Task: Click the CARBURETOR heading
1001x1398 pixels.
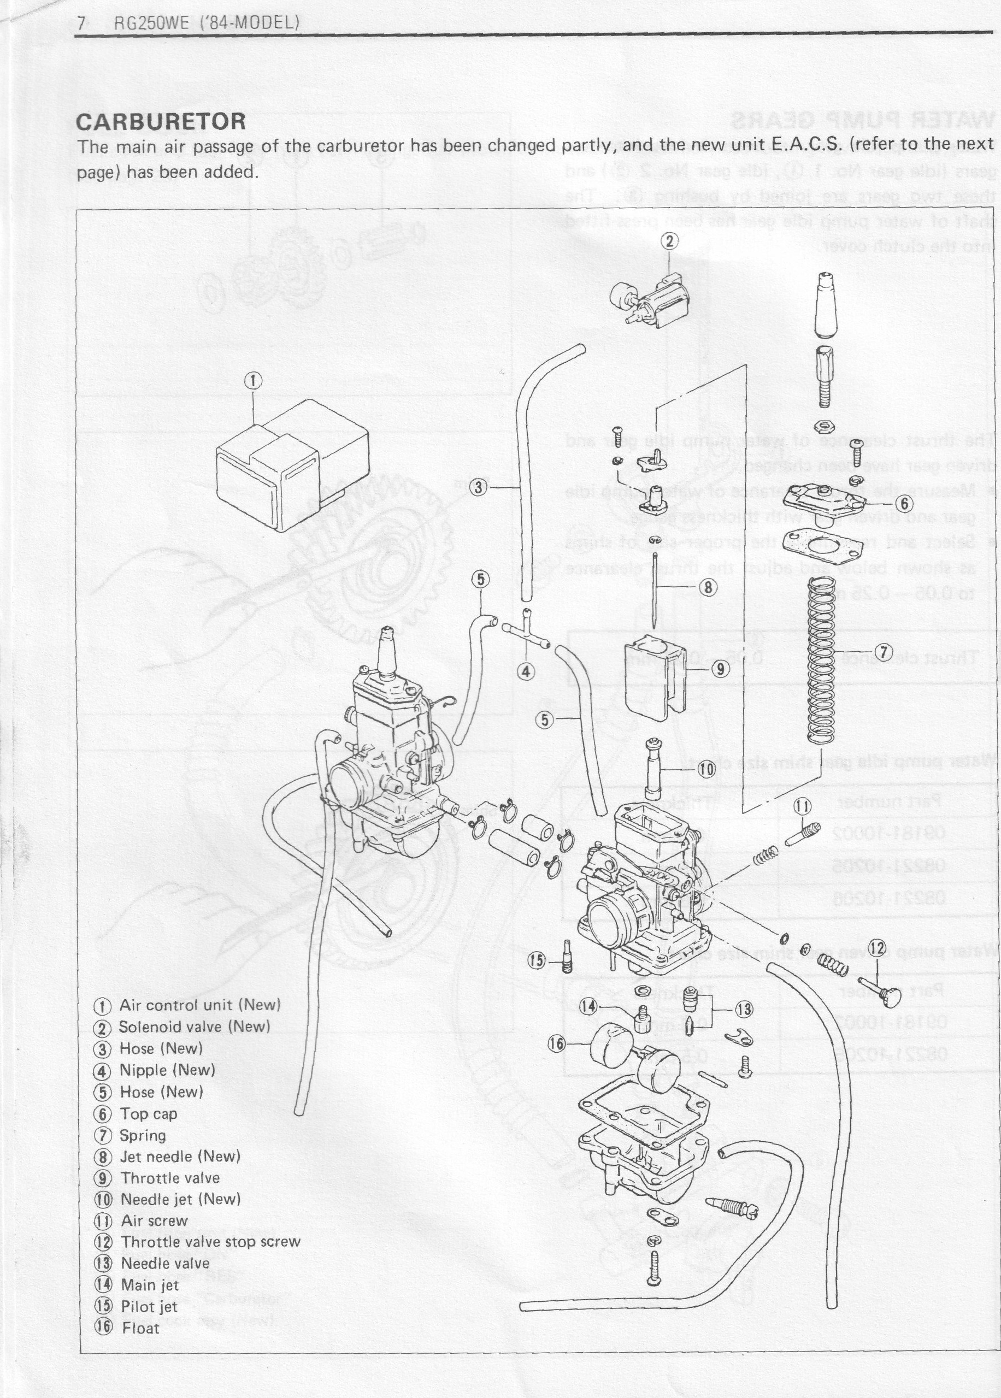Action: pyautogui.click(x=161, y=121)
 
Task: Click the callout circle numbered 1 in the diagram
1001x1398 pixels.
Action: pyautogui.click(x=254, y=381)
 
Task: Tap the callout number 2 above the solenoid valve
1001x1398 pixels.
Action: pyautogui.click(x=670, y=241)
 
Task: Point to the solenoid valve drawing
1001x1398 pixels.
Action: pyautogui.click(x=650, y=303)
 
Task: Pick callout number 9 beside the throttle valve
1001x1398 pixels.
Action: pyautogui.click(x=719, y=669)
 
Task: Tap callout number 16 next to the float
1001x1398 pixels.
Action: pyautogui.click(x=557, y=1043)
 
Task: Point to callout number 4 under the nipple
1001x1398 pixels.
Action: pyautogui.click(x=526, y=671)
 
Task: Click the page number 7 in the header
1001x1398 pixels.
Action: pyautogui.click(x=81, y=23)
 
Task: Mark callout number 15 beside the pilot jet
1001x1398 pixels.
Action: pyautogui.click(x=537, y=960)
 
